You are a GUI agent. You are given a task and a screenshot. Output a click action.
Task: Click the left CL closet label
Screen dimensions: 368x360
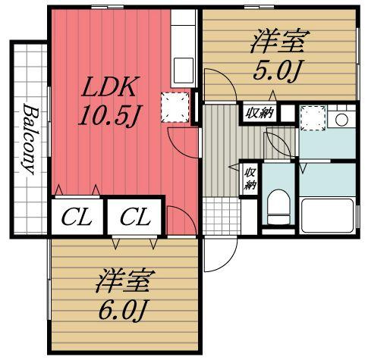pyautogui.click(x=77, y=218)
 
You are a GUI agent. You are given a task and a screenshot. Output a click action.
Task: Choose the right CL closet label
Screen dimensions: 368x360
pyautogui.click(x=135, y=218)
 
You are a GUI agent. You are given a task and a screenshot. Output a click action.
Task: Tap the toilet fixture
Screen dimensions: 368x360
pyautogui.click(x=278, y=207)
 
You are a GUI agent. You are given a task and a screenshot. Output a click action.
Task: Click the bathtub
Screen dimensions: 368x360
pyautogui.click(x=328, y=215)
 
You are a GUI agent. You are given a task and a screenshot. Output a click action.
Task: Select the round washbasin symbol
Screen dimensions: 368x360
pyautogui.click(x=341, y=120)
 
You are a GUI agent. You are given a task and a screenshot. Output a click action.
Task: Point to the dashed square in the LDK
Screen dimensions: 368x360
pyautogui.click(x=175, y=108)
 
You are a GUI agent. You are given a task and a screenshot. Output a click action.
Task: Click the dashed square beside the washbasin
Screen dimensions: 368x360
pyautogui.click(x=313, y=118)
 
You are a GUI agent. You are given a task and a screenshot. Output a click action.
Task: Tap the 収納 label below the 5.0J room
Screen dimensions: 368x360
pyautogui.click(x=259, y=113)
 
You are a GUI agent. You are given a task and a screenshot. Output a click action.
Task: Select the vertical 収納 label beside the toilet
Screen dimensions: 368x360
pyautogui.click(x=250, y=178)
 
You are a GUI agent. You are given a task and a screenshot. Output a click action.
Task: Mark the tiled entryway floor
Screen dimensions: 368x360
pyautogui.click(x=222, y=216)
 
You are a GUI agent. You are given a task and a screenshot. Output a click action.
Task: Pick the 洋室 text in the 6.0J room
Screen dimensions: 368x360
pyautogui.click(x=122, y=281)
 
